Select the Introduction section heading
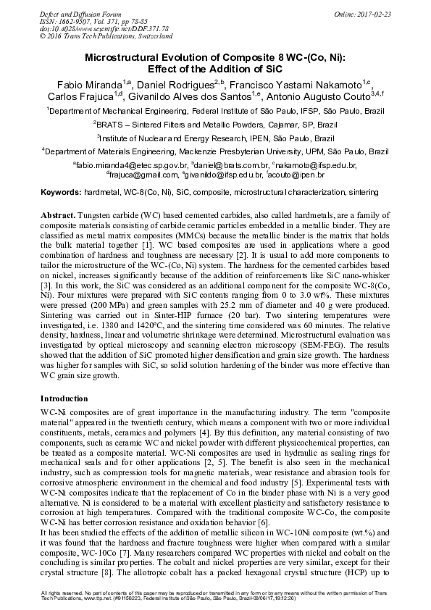64,398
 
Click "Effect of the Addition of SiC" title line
216,70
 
